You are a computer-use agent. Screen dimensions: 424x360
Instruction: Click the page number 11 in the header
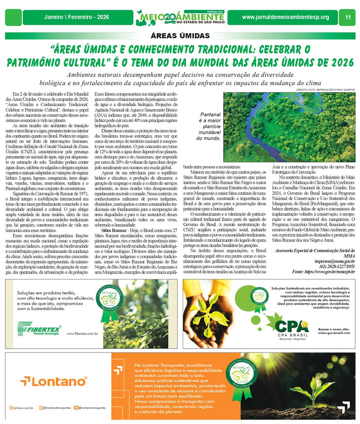pos(348,17)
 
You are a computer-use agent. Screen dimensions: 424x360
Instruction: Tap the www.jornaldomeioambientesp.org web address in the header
pos(285,17)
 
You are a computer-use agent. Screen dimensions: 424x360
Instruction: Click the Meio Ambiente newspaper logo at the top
pos(180,17)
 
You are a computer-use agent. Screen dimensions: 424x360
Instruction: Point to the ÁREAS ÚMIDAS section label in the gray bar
pos(180,36)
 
